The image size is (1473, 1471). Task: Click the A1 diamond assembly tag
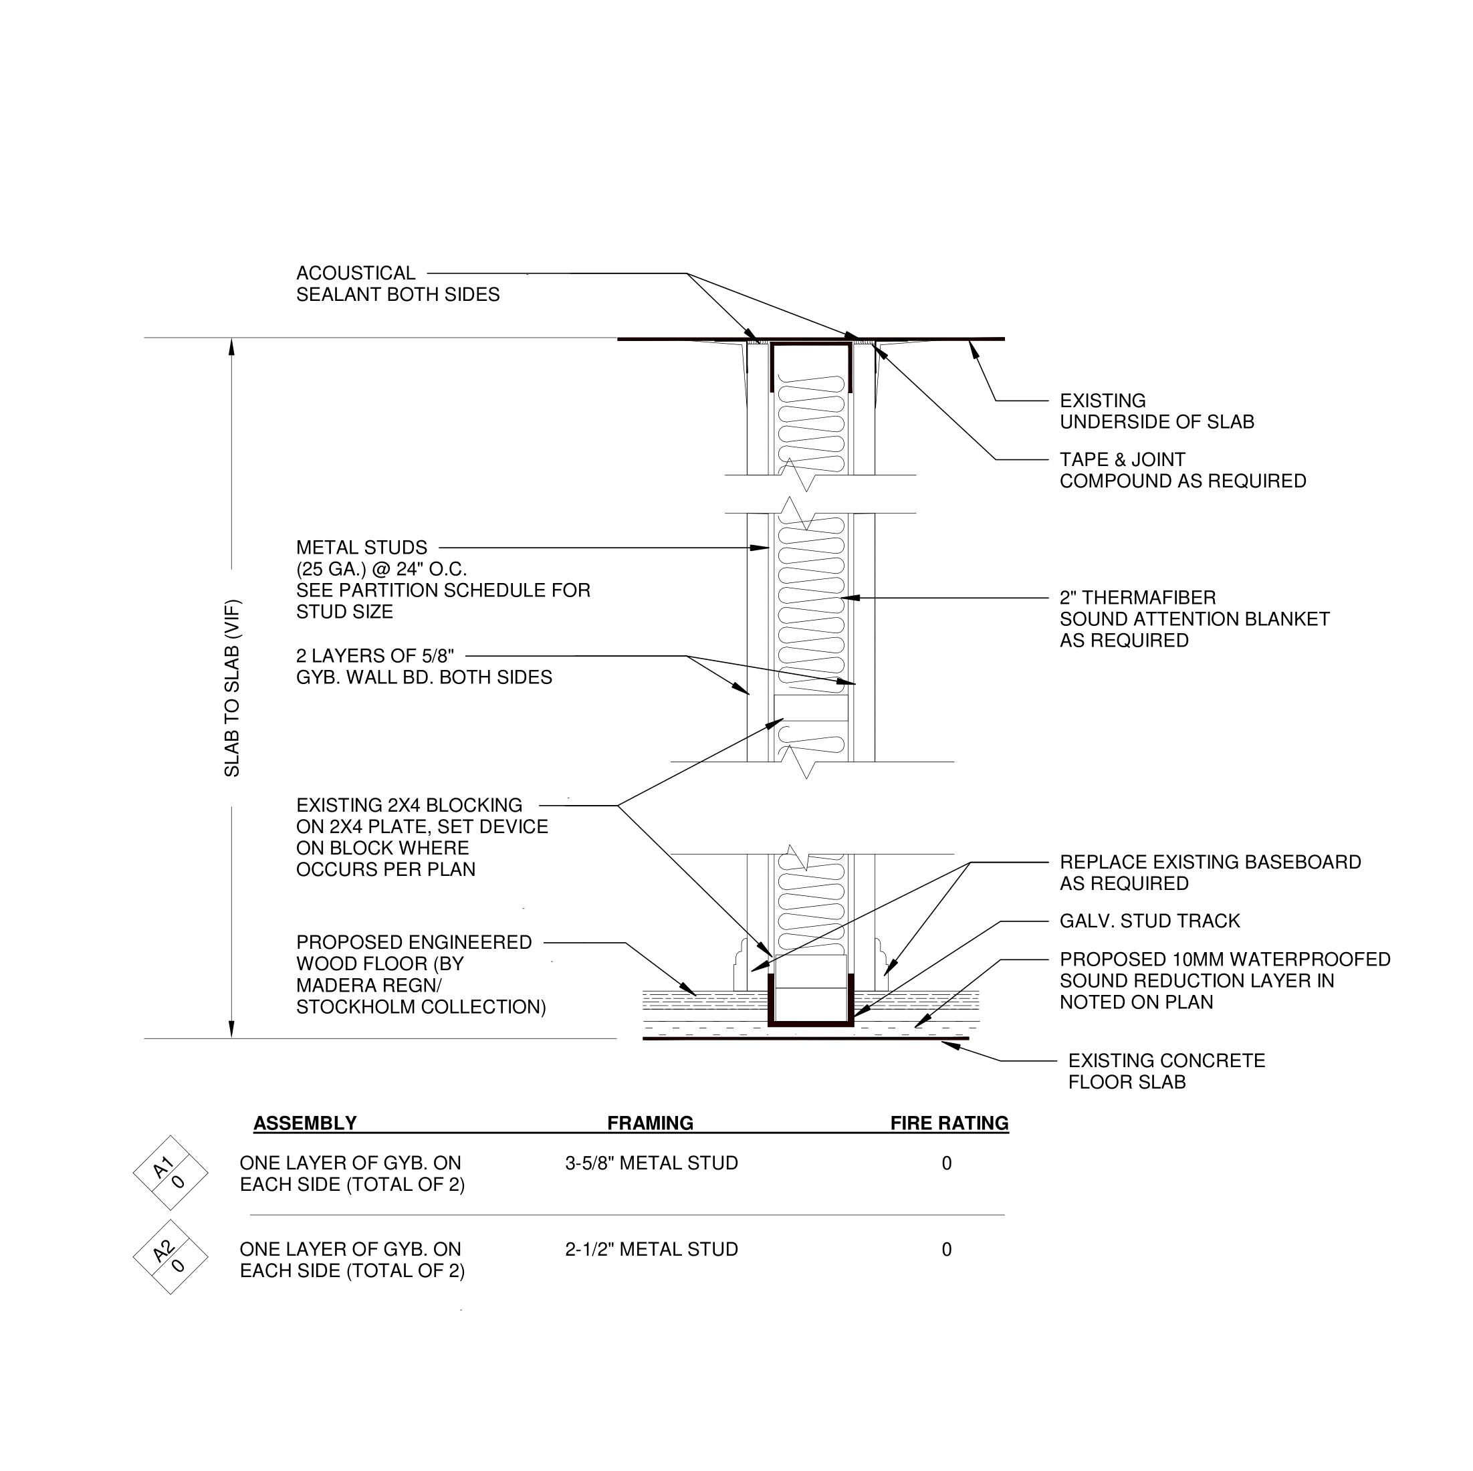pos(170,1173)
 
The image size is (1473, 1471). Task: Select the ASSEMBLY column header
pos(305,1123)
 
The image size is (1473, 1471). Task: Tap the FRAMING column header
pos(650,1123)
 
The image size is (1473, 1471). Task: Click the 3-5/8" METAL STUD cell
pos(651,1163)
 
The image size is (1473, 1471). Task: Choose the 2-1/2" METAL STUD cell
pos(651,1249)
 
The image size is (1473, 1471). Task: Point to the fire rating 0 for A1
pos(946,1163)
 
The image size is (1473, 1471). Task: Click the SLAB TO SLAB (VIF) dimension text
pos(232,688)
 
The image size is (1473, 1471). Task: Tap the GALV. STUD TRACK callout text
pos(1149,921)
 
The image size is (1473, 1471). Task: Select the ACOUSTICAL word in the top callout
pos(355,273)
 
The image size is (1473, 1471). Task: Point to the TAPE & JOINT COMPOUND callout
pos(1181,470)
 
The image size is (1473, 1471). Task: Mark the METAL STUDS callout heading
pos(361,548)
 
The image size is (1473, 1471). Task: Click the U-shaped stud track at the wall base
pos(810,1021)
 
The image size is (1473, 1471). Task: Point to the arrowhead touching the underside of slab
pos(973,347)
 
